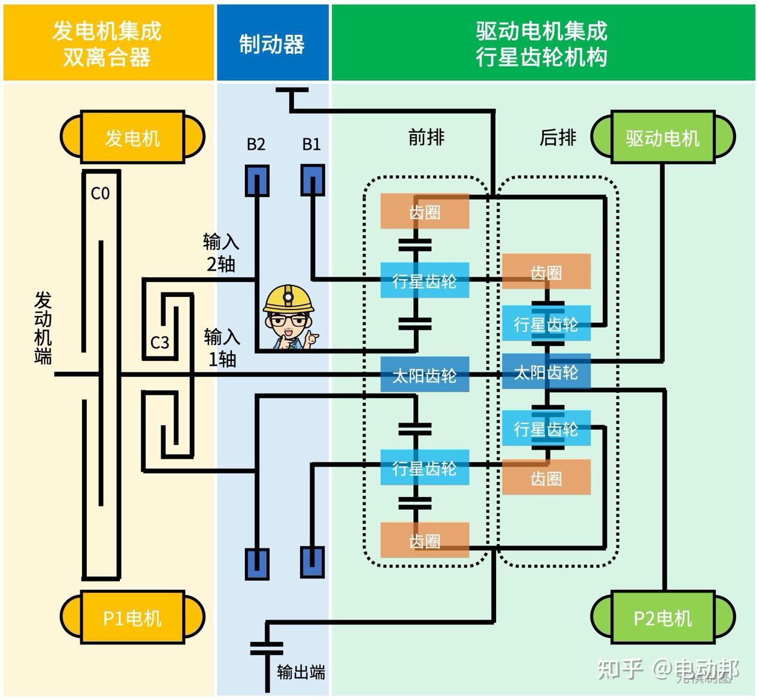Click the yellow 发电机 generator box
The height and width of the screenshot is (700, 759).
click(132, 138)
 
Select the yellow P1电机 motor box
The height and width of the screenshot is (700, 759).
click(132, 617)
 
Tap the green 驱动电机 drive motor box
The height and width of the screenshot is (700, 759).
click(663, 138)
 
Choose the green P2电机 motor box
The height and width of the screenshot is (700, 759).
click(663, 617)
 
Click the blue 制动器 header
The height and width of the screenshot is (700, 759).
click(273, 44)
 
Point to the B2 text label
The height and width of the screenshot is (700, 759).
click(256, 144)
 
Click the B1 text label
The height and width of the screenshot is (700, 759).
click(312, 144)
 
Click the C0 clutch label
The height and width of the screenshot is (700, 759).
click(100, 193)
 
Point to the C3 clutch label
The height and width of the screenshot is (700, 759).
click(159, 343)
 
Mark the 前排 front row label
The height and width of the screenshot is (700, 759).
click(426, 138)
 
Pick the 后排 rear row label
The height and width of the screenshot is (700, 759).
click(558, 138)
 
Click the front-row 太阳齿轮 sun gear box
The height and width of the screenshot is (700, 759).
click(425, 375)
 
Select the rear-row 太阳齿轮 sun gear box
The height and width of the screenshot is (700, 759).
click(546, 372)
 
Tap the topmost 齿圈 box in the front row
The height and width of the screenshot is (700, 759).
click(425, 211)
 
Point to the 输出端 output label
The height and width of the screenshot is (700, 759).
click(301, 672)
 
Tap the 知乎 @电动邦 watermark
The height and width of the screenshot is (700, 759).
click(667, 669)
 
